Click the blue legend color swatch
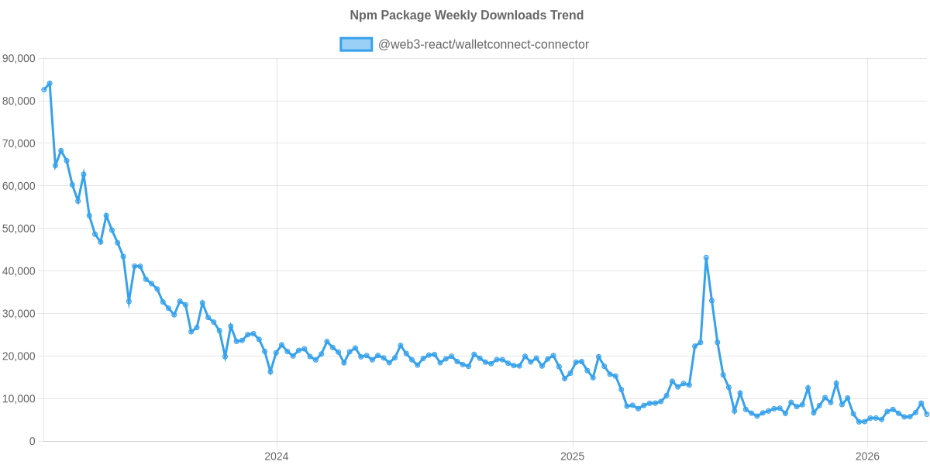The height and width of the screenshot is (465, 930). click(x=356, y=45)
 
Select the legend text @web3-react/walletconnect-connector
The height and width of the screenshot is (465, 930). click(x=483, y=45)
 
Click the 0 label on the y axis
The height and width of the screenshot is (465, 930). click(x=32, y=442)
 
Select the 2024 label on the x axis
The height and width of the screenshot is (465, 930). click(x=276, y=456)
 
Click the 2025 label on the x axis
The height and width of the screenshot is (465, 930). click(x=572, y=456)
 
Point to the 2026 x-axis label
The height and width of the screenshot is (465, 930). click(x=867, y=456)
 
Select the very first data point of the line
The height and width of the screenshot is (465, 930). click(x=44, y=90)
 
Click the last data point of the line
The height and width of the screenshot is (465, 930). click(x=927, y=414)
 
